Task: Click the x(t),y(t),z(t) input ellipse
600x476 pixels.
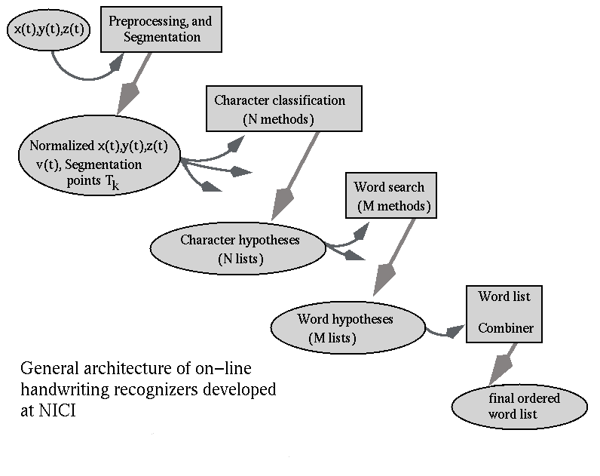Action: [48, 30]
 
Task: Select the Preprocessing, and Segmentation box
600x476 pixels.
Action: [161, 29]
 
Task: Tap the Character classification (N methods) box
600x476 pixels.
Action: [284, 109]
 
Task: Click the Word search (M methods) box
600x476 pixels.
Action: [391, 195]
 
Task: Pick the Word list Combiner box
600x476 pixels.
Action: [504, 314]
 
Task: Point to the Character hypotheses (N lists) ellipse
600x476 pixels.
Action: [238, 248]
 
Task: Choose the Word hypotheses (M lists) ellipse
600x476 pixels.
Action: [347, 328]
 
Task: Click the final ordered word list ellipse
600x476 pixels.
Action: [519, 407]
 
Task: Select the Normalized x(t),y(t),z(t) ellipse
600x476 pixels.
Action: [99, 155]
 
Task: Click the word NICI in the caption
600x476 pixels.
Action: [57, 410]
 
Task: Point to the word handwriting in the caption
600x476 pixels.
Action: [64, 390]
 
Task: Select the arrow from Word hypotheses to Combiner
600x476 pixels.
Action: [444, 333]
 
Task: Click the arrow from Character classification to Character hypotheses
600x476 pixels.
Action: [295, 177]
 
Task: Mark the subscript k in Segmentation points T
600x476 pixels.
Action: [115, 186]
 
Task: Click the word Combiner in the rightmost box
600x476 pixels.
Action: [506, 328]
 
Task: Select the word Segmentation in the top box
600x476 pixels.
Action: [162, 37]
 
